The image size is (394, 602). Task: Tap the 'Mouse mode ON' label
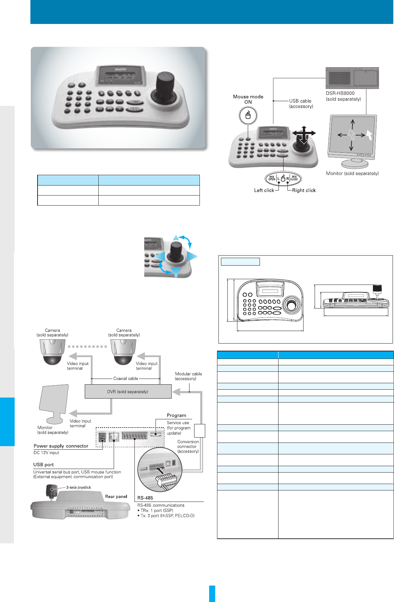click(x=248, y=99)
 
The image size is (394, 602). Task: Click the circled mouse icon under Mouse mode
click(x=248, y=115)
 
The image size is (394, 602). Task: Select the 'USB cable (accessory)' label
click(x=301, y=104)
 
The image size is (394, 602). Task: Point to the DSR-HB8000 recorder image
click(x=352, y=78)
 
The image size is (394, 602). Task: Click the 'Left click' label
click(x=264, y=191)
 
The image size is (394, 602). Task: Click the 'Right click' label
click(x=304, y=191)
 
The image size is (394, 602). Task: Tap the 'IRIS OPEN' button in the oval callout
click(x=272, y=178)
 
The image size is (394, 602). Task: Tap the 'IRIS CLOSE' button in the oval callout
click(x=294, y=178)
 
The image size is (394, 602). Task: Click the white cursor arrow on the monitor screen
click(x=369, y=135)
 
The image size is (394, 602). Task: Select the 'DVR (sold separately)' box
click(x=128, y=391)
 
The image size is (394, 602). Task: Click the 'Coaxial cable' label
click(x=125, y=378)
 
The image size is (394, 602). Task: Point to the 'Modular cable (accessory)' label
click(x=188, y=376)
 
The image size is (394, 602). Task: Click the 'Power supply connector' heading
click(x=61, y=446)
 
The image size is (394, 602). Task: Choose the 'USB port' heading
click(x=43, y=465)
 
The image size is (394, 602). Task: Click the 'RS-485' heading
click(x=145, y=498)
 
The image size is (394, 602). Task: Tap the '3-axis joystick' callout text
click(x=79, y=487)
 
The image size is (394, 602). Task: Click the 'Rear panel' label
click(x=116, y=497)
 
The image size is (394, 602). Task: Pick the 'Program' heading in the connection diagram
click(x=176, y=415)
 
